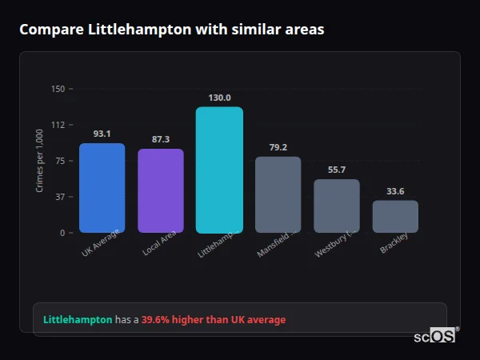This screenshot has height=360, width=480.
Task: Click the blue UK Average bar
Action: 102,188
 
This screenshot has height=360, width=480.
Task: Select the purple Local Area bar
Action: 161,190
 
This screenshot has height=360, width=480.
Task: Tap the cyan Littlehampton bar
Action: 219,170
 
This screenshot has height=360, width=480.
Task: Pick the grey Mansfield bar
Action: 278,194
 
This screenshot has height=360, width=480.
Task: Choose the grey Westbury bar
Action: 337,206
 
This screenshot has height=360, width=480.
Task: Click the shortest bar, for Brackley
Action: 395,216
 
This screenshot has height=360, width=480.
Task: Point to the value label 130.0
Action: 219,98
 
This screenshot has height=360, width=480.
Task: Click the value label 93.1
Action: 102,134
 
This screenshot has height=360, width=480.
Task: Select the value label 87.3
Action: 161,139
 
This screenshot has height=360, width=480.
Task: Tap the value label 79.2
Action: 278,147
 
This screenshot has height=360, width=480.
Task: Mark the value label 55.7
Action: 337,170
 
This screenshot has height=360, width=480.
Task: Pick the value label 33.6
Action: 395,191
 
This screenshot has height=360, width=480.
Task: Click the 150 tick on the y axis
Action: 58,89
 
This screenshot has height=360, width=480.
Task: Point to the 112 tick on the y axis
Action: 58,125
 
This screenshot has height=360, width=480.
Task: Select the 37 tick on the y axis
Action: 59,197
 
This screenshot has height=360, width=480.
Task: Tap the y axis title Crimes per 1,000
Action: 39,161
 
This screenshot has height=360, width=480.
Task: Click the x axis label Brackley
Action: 394,243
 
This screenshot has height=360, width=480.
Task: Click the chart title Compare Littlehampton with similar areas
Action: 172,30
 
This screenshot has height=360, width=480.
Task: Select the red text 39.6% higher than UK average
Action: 214,319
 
